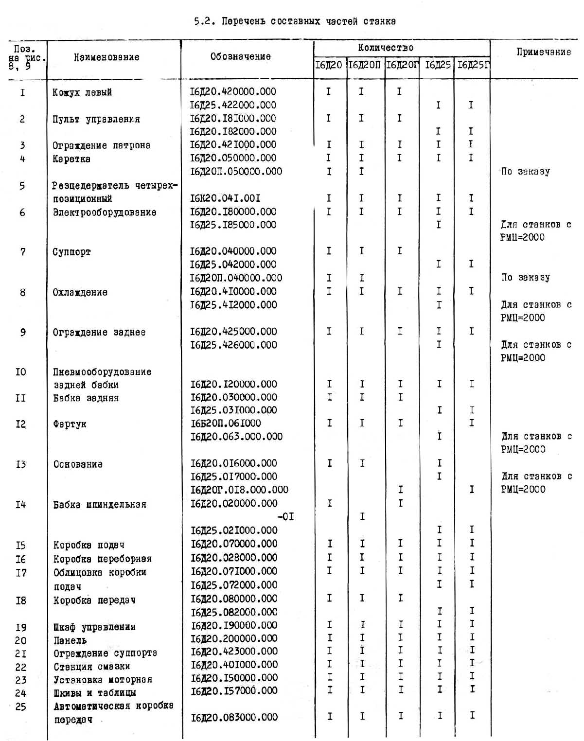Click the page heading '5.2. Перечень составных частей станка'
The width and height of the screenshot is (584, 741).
[x=295, y=21]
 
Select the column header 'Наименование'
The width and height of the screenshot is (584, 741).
[x=106, y=57]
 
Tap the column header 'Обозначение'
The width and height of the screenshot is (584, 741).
[x=240, y=57]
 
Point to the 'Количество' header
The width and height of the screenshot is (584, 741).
[x=386, y=48]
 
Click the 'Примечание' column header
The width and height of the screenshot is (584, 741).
[x=544, y=52]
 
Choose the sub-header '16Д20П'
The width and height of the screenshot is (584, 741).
[x=365, y=65]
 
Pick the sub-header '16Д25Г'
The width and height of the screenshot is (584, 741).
[x=473, y=65]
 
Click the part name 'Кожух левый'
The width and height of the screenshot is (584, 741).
[x=82, y=92]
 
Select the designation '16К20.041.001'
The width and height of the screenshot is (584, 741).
[x=225, y=198]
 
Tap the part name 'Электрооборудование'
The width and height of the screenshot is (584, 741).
[x=105, y=212]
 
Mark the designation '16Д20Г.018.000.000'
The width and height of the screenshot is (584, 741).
[x=239, y=490]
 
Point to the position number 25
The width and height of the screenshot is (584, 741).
[x=20, y=706]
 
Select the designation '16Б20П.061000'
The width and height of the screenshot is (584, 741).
[x=226, y=423]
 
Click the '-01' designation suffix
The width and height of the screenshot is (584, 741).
[x=285, y=516]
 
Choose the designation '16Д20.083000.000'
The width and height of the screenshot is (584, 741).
[x=234, y=717]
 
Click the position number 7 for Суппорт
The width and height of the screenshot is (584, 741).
[x=22, y=252]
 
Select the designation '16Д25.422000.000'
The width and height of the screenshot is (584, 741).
[x=233, y=105]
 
